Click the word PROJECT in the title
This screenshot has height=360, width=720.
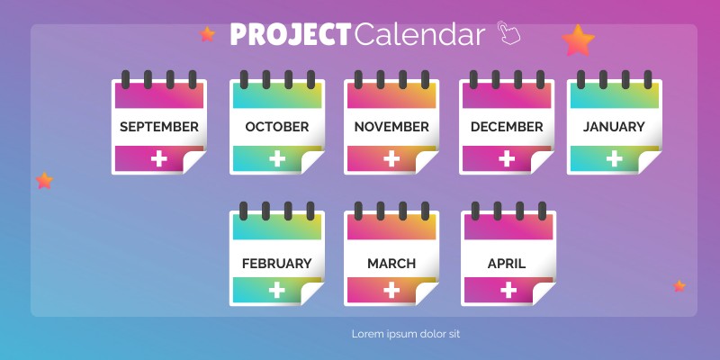pos(289,34)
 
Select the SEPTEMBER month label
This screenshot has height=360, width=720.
pos(159,127)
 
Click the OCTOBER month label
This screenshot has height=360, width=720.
pos(277,127)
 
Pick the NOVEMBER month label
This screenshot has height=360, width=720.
pos(391,127)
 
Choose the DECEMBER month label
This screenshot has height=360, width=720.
pos(507,127)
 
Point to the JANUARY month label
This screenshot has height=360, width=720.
pos(614,127)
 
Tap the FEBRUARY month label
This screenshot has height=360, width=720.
pos(277,264)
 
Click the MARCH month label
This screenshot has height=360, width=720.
pos(391,264)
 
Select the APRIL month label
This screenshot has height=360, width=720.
pos(507,264)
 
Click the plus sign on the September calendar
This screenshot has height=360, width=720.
pos(159,159)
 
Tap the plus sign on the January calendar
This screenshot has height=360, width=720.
pos(614,159)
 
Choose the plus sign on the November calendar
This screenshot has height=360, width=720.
pos(391,159)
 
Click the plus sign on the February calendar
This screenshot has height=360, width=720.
pos(277,291)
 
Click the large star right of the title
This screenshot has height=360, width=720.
pos(579,40)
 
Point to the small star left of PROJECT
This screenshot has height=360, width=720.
pos(208,34)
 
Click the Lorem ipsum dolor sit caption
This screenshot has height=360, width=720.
pos(406,334)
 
